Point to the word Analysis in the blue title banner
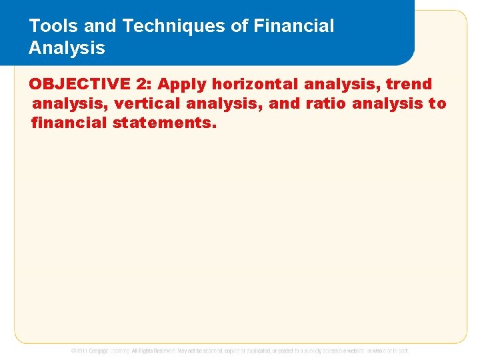coord(67,48)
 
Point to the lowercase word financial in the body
coord(69,123)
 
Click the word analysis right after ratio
coord(387,104)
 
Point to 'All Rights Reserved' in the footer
coord(153,350)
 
